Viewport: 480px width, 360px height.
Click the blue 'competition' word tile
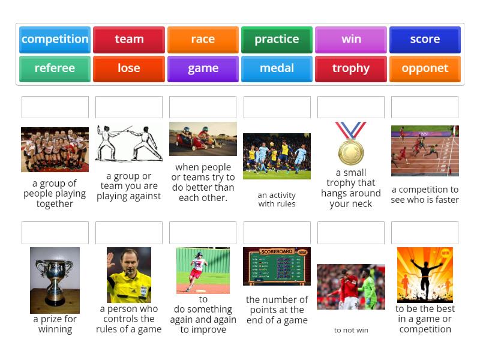coord(55,40)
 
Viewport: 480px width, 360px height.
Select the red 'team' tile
coord(129,40)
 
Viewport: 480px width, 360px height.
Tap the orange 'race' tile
coord(203,40)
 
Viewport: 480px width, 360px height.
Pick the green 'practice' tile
coord(277,40)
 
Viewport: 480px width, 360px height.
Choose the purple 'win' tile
coord(351,40)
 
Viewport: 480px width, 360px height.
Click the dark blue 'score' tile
coord(425,40)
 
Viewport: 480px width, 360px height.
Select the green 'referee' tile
coord(55,68)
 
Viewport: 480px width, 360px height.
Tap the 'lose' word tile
coord(129,68)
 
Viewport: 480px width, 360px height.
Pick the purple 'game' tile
coord(203,68)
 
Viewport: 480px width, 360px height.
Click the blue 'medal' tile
coord(277,68)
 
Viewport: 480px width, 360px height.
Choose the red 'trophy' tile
coord(351,68)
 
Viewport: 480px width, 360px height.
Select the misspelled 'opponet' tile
coord(425,68)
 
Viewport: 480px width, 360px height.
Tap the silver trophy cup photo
coord(55,280)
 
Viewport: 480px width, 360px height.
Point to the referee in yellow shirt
coord(129,275)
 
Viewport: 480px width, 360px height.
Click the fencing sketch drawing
coord(129,143)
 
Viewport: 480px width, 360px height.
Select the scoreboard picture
coord(277,266)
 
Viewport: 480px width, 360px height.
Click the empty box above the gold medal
coord(351,107)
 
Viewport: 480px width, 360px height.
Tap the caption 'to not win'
coord(351,330)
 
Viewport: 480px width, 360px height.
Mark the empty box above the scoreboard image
coord(277,233)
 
